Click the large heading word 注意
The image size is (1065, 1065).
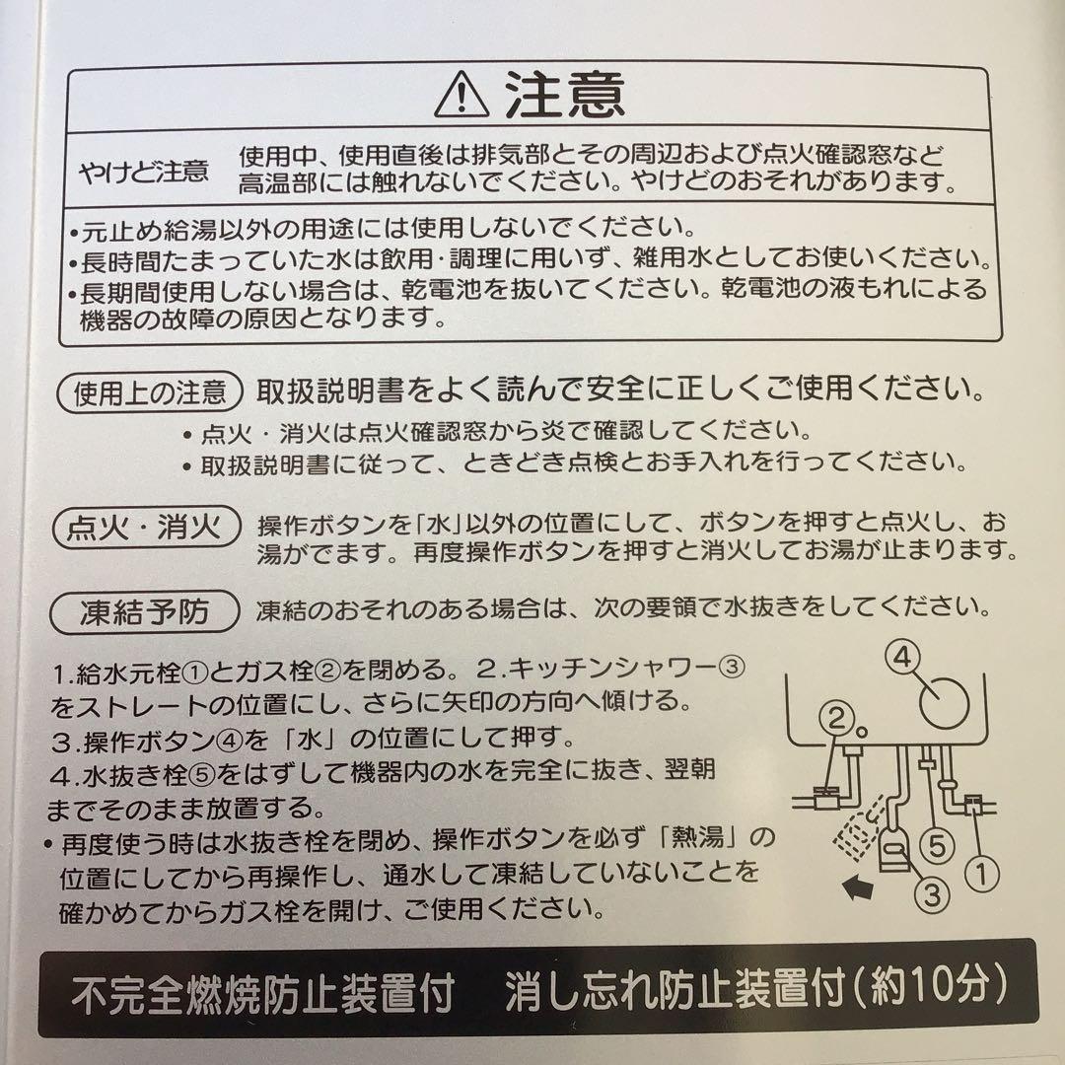click(x=565, y=97)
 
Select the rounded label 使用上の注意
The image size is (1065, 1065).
click(x=151, y=393)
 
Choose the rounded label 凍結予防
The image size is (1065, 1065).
click(x=145, y=613)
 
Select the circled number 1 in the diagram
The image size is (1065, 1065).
click(x=984, y=872)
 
